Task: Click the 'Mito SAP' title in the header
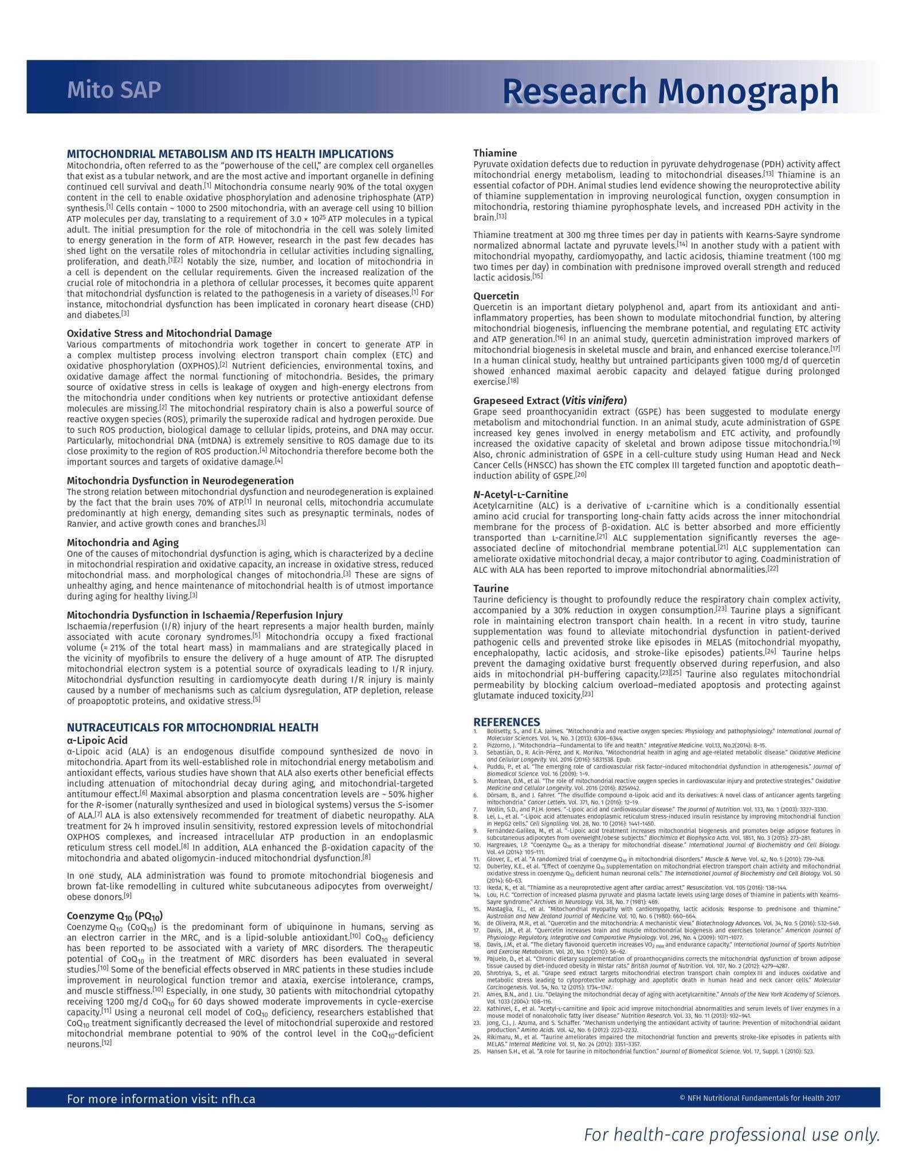[x=113, y=90]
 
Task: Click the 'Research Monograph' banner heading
[x=670, y=91]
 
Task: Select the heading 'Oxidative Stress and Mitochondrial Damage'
[x=169, y=333]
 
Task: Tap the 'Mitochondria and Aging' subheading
[x=123, y=542]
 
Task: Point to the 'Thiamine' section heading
[x=494, y=153]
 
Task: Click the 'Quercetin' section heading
[x=496, y=296]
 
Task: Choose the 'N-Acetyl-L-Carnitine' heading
[x=520, y=494]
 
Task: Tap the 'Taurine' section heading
[x=490, y=588]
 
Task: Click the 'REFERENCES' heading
[x=506, y=722]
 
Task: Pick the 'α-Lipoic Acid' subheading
[x=97, y=740]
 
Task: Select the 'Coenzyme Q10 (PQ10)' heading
[x=119, y=916]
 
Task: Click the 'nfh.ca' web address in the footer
[x=238, y=1099]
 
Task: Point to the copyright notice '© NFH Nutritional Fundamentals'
[x=759, y=1098]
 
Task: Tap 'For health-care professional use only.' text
[x=731, y=1134]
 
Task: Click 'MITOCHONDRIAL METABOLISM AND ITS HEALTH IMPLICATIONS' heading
[x=230, y=154]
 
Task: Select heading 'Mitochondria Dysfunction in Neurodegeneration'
[x=180, y=480]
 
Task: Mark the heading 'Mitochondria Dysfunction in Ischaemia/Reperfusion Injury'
[x=205, y=615]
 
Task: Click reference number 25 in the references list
[x=476, y=1051]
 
